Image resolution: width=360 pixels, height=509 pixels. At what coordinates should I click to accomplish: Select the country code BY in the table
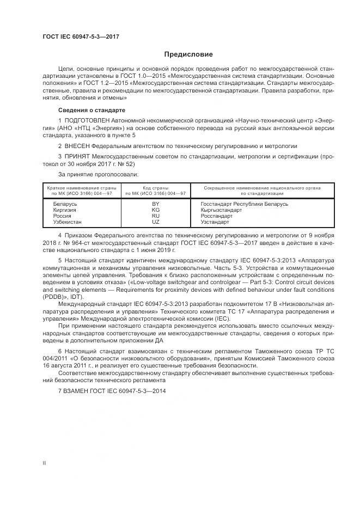click(x=156, y=204)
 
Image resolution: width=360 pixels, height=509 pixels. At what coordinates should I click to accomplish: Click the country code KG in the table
click(x=156, y=210)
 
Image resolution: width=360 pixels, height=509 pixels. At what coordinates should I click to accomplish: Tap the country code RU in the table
click(x=156, y=216)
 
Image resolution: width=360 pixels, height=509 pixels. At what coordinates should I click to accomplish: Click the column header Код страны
click(x=156, y=188)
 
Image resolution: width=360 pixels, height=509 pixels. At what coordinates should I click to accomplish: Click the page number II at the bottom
click(x=45, y=462)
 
